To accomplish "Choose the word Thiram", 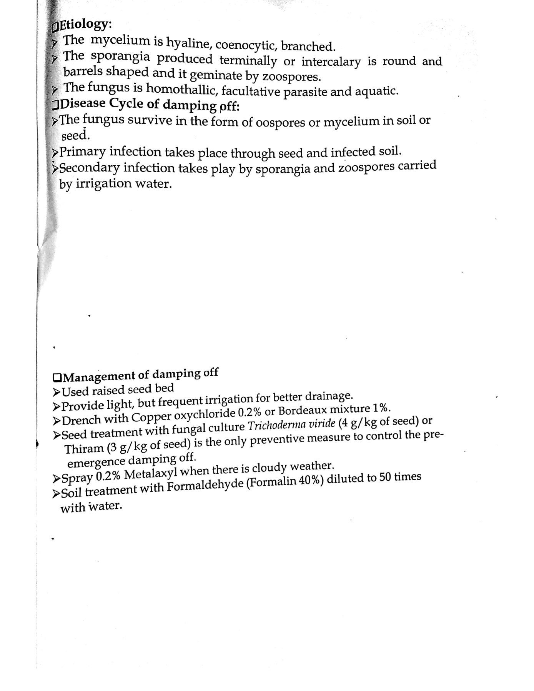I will (84, 448).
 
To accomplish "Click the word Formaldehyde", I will (205, 486).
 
